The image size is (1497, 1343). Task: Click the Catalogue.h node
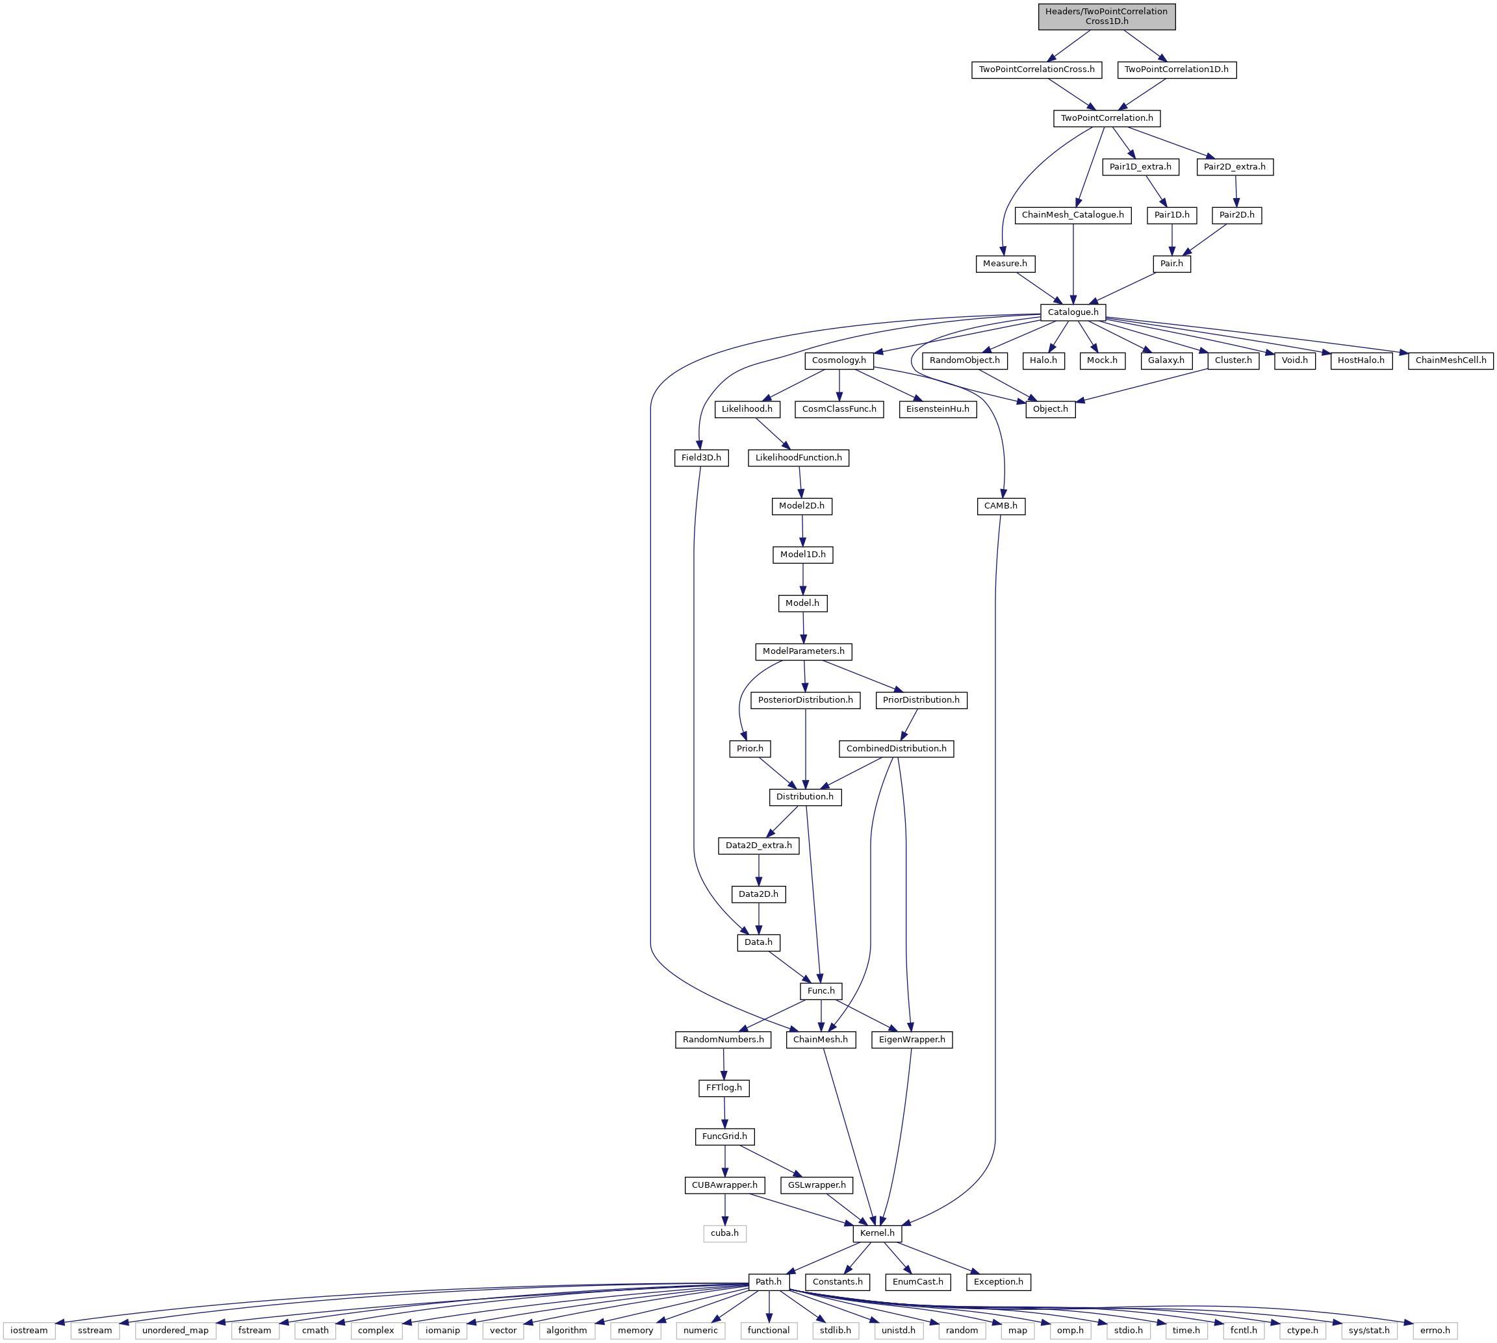point(1073,312)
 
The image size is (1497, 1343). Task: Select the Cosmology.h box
point(839,360)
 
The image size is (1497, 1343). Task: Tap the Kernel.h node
point(877,1233)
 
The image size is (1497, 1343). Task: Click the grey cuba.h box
point(724,1233)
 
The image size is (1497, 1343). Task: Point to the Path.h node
point(769,1282)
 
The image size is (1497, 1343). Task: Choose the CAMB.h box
point(1000,506)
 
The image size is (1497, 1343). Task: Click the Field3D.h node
point(701,457)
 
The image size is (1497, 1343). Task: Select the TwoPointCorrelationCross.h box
point(1036,69)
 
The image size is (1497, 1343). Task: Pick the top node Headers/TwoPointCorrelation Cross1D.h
point(1107,16)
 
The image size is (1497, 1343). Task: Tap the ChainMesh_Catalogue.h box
point(1073,215)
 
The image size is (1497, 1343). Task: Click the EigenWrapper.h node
point(912,1040)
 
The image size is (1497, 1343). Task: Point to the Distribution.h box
point(804,797)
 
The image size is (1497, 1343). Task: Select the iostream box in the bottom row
point(29,1331)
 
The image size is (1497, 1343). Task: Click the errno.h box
point(1435,1331)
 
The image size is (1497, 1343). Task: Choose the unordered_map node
point(175,1331)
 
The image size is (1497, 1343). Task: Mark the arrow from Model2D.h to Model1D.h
point(802,530)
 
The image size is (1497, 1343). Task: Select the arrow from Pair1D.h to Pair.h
point(1171,239)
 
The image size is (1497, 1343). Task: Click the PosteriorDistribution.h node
point(805,699)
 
